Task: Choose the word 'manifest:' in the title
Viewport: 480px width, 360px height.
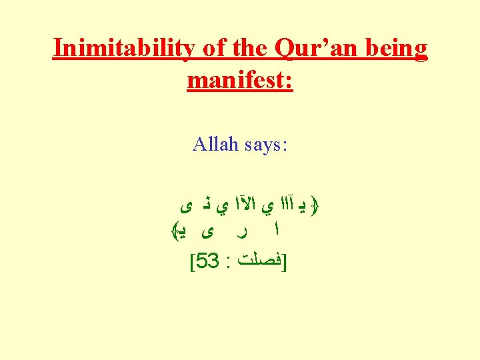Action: (x=240, y=81)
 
